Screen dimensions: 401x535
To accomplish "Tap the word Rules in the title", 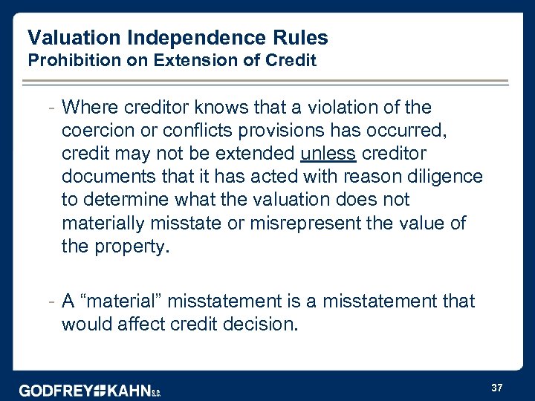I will click(x=300, y=37).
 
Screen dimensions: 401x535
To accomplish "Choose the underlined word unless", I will click(x=328, y=154).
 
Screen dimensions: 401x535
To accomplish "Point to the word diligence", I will click(x=444, y=177).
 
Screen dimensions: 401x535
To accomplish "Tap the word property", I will click(x=131, y=247).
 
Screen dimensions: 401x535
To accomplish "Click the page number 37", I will click(x=497, y=387).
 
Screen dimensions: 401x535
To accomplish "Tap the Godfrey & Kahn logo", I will click(x=89, y=389).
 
